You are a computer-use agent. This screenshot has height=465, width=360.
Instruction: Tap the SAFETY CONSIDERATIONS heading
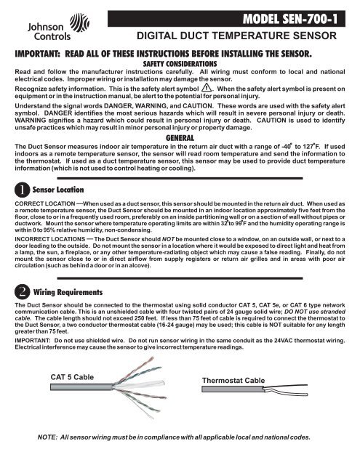(180, 64)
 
